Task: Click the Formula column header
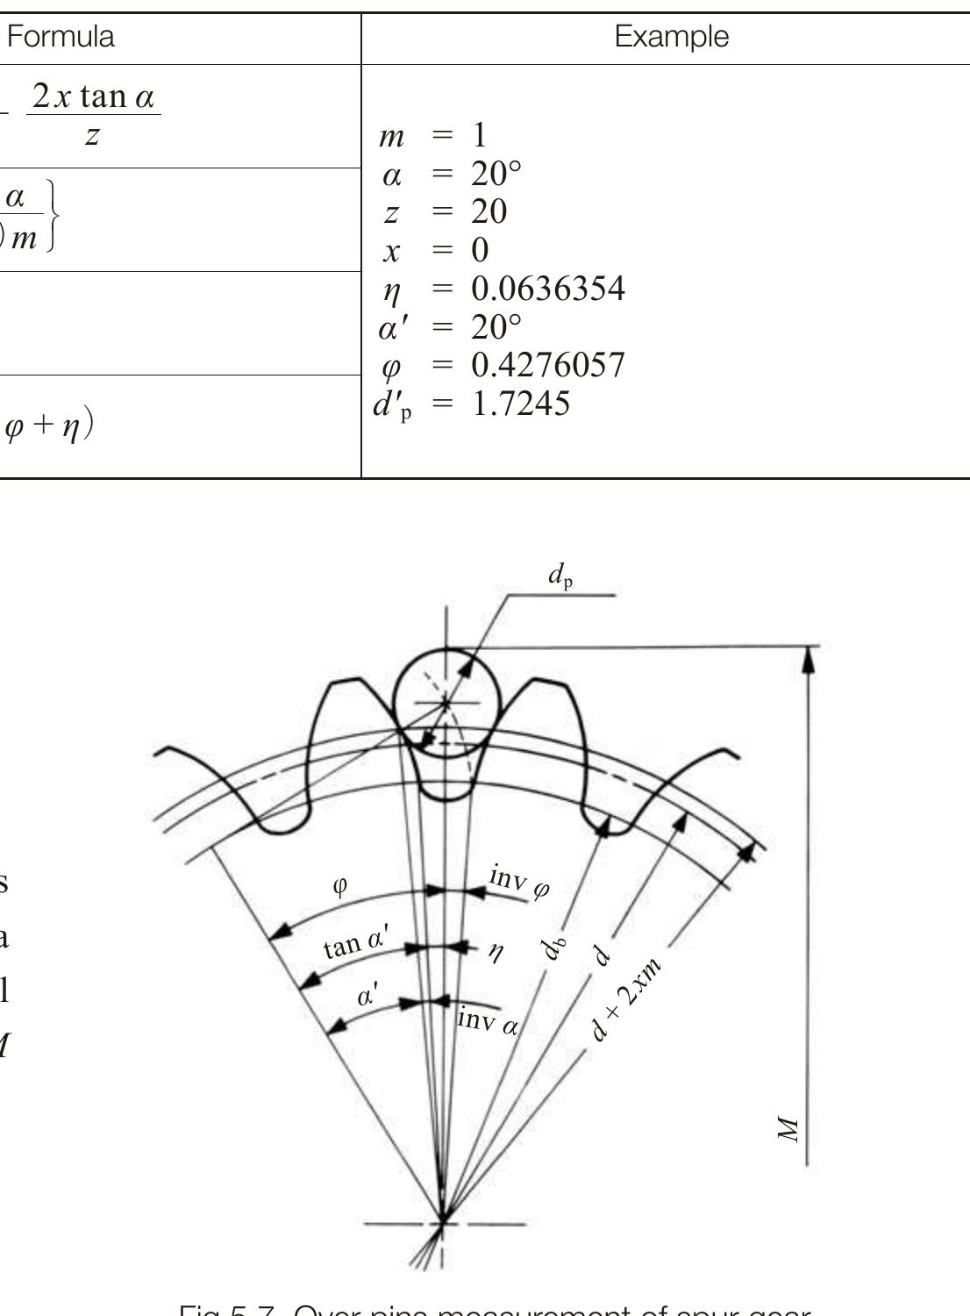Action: (x=61, y=37)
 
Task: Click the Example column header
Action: (x=671, y=37)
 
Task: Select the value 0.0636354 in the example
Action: (x=548, y=289)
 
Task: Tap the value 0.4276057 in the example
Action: (x=548, y=365)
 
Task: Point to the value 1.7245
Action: (x=521, y=404)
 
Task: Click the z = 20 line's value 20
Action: (x=489, y=212)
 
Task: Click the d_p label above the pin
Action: (x=560, y=576)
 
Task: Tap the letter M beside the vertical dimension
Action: (x=789, y=1129)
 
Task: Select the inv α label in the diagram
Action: (x=488, y=1021)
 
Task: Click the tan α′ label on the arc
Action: (x=355, y=944)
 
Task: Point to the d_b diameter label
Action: (x=553, y=948)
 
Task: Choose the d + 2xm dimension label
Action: (x=625, y=998)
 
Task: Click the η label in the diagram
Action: (x=496, y=950)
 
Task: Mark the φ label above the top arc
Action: (x=340, y=884)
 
